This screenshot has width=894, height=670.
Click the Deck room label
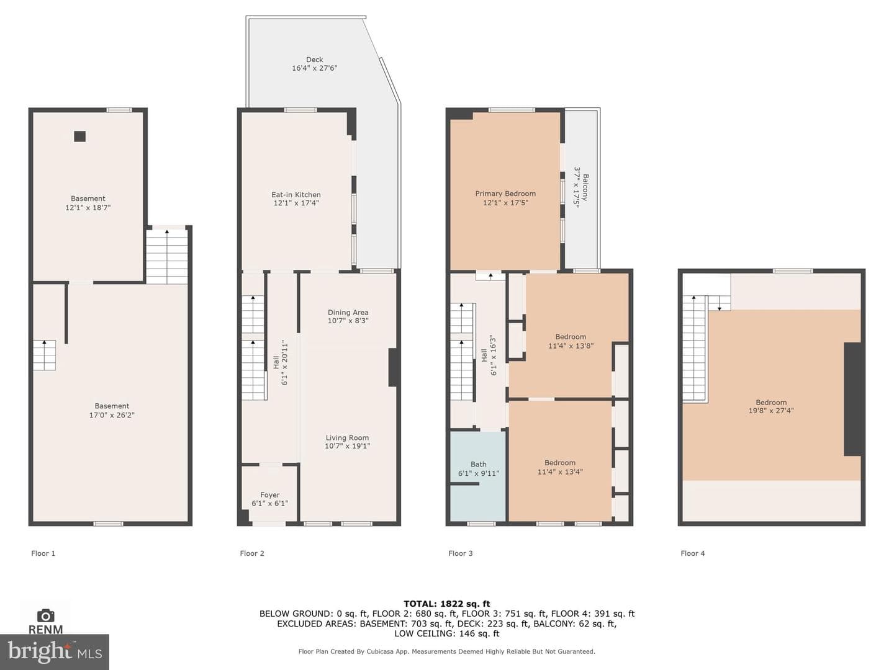[x=314, y=60]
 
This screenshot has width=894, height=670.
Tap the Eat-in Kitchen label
[x=296, y=195]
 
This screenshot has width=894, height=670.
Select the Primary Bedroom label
[x=505, y=194]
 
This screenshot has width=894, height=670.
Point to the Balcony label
[x=585, y=187]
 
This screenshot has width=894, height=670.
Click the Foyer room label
[x=269, y=494]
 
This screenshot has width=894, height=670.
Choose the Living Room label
[x=347, y=438]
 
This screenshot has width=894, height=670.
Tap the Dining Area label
[x=348, y=313]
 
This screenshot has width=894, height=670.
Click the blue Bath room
[x=478, y=476]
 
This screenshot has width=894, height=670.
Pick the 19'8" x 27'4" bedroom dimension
[x=771, y=411]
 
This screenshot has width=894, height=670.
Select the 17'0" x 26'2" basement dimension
[x=112, y=415]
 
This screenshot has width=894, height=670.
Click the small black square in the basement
[x=80, y=136]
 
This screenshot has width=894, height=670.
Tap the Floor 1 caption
[x=43, y=553]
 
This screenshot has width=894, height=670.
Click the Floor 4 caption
[x=692, y=553]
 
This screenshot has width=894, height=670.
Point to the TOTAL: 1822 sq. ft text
[x=447, y=604]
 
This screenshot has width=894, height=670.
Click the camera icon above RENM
[x=45, y=615]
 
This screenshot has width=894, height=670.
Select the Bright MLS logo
[x=55, y=651]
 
